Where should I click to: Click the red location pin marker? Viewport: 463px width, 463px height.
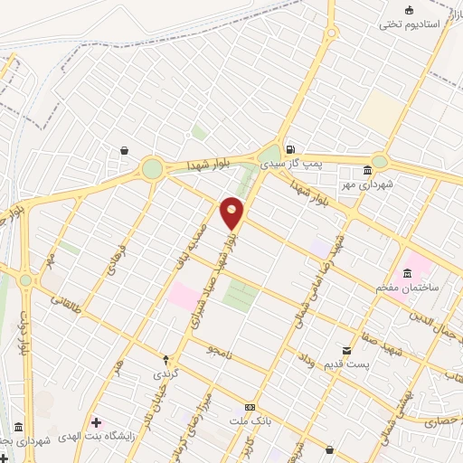(232, 213)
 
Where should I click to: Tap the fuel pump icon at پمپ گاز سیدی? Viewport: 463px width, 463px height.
(288, 150)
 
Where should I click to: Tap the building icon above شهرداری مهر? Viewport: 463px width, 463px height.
(367, 171)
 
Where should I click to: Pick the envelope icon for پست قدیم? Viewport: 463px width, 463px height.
(345, 350)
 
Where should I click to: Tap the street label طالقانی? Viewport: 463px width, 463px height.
(73, 306)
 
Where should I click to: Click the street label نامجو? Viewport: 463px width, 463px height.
(219, 350)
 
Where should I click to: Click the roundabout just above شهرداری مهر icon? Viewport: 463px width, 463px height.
(379, 163)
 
